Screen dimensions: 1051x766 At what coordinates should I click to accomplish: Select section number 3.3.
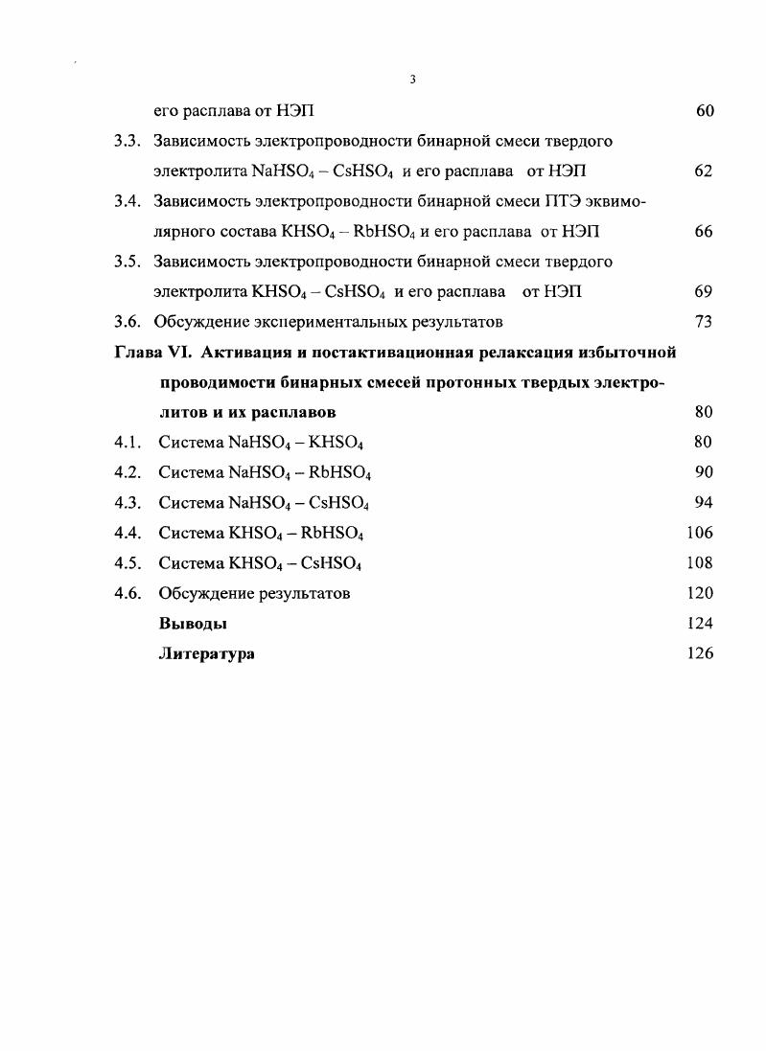point(128,142)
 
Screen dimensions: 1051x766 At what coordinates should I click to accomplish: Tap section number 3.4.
point(128,201)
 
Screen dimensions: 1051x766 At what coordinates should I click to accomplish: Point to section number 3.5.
point(128,262)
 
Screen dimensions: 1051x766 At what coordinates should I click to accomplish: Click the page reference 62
point(704,171)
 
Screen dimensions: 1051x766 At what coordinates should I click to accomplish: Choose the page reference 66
point(704,232)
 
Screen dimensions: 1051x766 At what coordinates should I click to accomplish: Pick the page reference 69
point(704,291)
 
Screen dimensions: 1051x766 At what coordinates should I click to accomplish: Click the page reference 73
point(704,322)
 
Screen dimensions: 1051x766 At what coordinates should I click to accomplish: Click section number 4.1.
point(128,442)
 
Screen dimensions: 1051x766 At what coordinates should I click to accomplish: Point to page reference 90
point(704,472)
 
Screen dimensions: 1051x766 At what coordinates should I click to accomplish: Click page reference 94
point(704,502)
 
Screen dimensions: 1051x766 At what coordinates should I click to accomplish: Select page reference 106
point(700,533)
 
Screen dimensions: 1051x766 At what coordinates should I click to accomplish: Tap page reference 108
point(700,562)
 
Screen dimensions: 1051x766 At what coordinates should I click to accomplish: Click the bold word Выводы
point(193,624)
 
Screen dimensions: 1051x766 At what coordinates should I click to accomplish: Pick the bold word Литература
point(206,653)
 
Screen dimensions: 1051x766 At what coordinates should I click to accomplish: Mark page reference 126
point(700,653)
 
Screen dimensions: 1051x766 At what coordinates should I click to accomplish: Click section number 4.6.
point(128,593)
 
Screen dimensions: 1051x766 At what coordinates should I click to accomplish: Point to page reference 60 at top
point(704,111)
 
